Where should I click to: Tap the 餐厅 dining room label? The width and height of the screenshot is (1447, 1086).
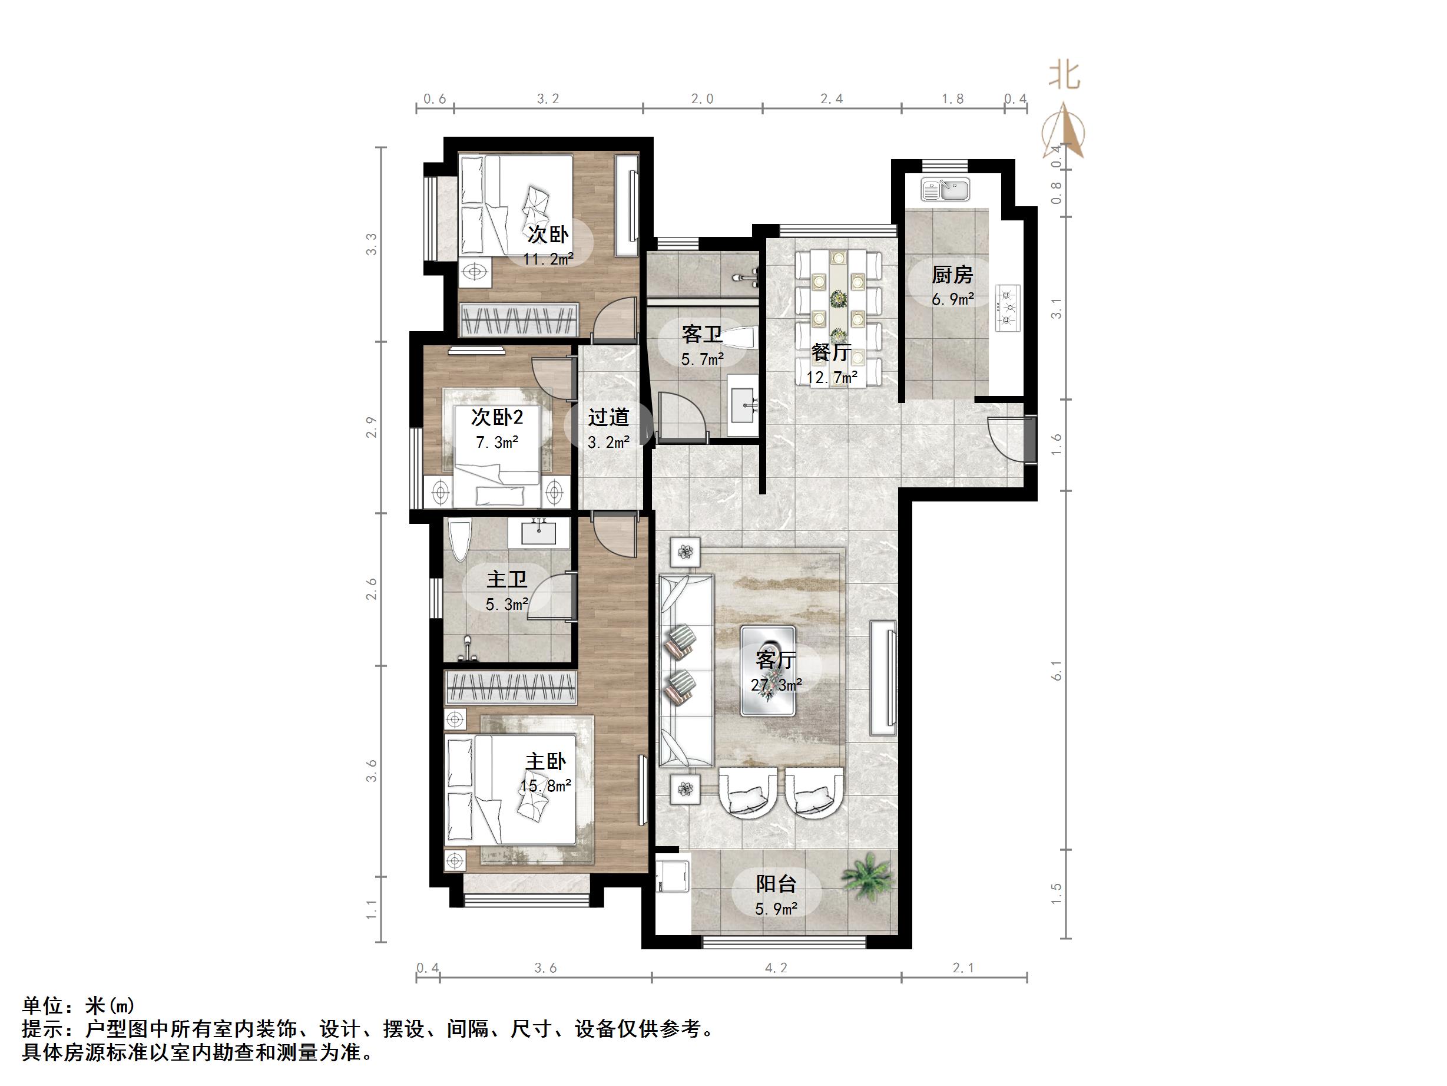point(832,353)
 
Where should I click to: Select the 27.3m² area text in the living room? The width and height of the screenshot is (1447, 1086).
point(776,685)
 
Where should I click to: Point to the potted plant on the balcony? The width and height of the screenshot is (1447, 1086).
point(867,875)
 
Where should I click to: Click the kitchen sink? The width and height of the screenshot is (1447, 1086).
point(945,190)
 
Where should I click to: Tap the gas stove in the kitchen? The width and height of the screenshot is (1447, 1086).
point(1008,308)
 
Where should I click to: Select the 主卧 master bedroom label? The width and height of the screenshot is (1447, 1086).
point(545,761)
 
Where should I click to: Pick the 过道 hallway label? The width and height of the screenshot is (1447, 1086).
point(608,417)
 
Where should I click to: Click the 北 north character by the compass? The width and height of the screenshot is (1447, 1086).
point(1064,75)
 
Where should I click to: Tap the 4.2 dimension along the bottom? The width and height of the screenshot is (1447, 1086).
point(776,968)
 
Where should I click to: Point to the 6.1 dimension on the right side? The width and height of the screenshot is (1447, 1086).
point(1056,671)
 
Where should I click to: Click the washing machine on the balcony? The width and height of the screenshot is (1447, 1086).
point(673,874)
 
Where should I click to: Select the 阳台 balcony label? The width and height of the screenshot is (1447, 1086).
point(776,884)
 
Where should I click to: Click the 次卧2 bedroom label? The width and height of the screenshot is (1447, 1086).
point(497,417)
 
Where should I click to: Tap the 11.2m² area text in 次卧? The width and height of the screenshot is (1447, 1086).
point(548,259)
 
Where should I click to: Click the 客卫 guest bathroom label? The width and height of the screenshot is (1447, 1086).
point(702,335)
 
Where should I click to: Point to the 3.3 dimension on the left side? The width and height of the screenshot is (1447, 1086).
point(372,244)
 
